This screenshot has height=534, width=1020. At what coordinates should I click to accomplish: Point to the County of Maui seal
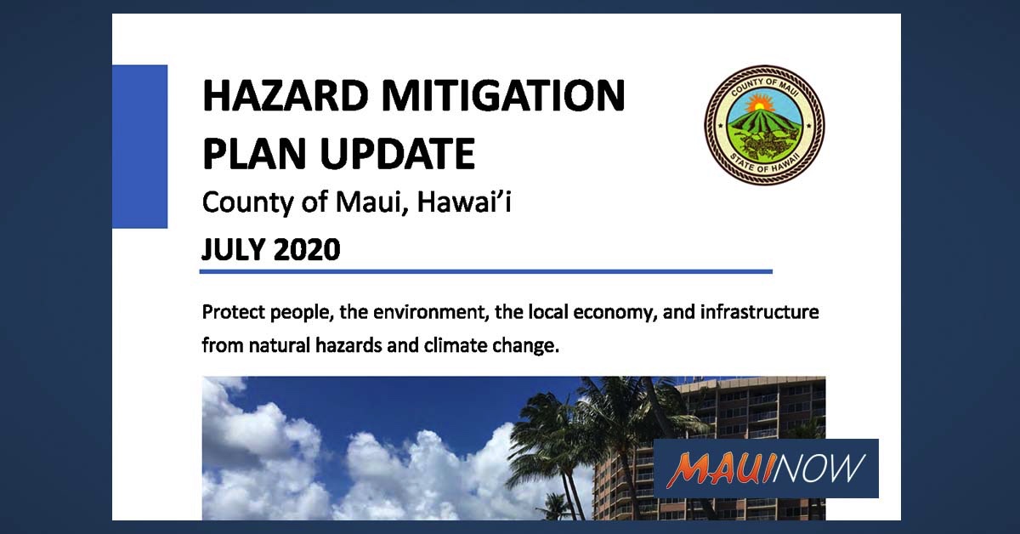(x=764, y=125)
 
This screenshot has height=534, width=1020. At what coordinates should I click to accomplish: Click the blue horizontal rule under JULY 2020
(x=485, y=271)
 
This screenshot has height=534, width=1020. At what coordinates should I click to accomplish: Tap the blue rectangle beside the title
(x=139, y=146)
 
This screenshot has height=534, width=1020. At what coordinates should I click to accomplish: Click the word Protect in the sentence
(x=233, y=312)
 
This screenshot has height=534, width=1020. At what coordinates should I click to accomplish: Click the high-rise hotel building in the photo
(x=748, y=408)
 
